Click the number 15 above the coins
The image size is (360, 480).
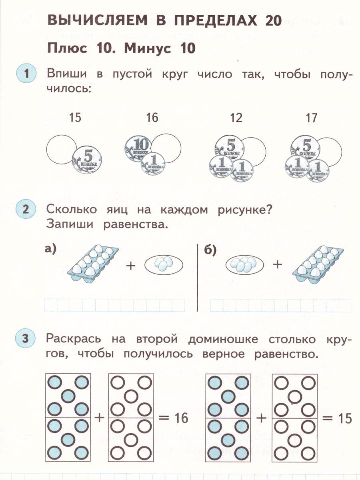[x=74, y=118]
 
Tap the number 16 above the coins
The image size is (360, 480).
[x=152, y=118]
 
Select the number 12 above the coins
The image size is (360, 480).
[x=236, y=118]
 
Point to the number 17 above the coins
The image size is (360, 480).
[x=311, y=118]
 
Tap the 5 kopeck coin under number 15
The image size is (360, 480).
[x=87, y=159]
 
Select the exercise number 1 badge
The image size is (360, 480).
[x=26, y=74]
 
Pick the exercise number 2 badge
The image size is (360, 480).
[x=26, y=210]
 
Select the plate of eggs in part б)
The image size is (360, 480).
[x=245, y=264]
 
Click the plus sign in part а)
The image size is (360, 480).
[x=131, y=265]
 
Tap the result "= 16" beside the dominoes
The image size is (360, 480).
[x=173, y=418]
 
